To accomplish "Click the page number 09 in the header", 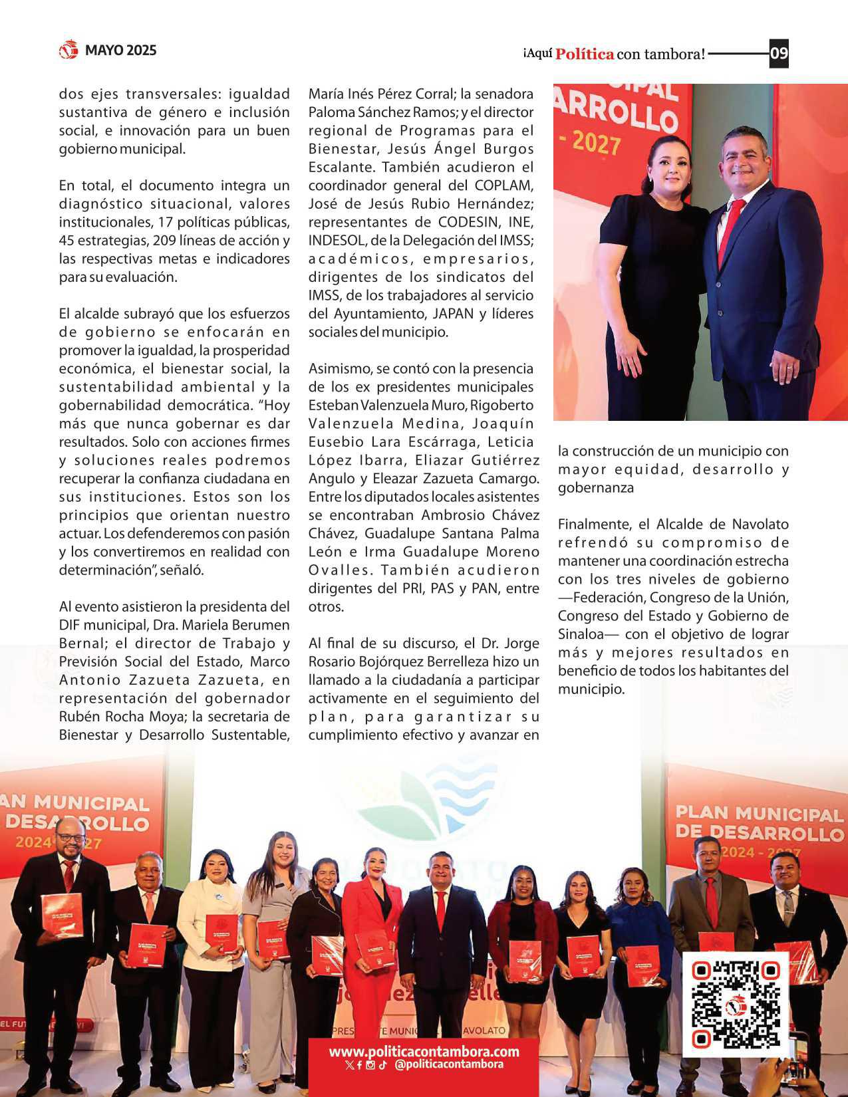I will tap(779, 53).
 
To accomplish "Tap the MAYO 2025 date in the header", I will tap(120, 51).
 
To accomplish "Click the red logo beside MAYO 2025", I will tap(69, 50).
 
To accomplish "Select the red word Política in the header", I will tap(584, 55).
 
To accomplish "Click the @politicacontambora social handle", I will tap(448, 1064).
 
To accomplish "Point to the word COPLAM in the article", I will tap(503, 185).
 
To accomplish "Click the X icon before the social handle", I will tap(350, 1065).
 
